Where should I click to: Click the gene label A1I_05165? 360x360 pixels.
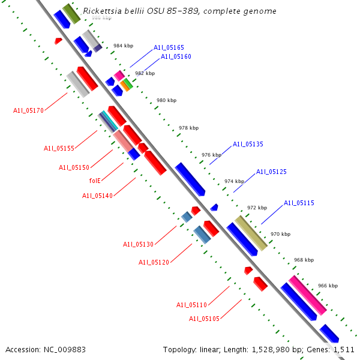pyautogui.click(x=169, y=47)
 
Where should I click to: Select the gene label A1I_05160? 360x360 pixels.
pyautogui.click(x=176, y=57)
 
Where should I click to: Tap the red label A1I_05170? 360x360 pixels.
pyautogui.click(x=28, y=110)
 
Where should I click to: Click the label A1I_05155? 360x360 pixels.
pyautogui.click(x=59, y=149)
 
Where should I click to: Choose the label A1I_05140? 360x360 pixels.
pyautogui.click(x=97, y=196)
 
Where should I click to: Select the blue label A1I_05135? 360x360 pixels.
pyautogui.click(x=248, y=145)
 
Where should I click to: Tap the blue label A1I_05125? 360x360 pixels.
pyautogui.click(x=271, y=172)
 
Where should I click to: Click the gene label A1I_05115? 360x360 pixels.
pyautogui.click(x=299, y=203)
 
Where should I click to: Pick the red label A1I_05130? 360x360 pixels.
pyautogui.click(x=139, y=245)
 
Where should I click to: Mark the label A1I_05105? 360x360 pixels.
pyautogui.click(x=204, y=319)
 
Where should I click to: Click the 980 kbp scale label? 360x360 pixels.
pyautogui.click(x=166, y=101)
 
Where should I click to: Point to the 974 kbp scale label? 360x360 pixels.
pyautogui.click(x=234, y=181)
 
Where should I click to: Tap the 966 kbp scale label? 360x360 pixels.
pyautogui.click(x=328, y=286)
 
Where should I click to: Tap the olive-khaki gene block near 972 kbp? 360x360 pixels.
pyautogui.click(x=251, y=233)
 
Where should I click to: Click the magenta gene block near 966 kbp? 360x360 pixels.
pyautogui.click(x=307, y=295)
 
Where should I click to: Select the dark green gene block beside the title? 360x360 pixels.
pyautogui.click(x=71, y=13)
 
